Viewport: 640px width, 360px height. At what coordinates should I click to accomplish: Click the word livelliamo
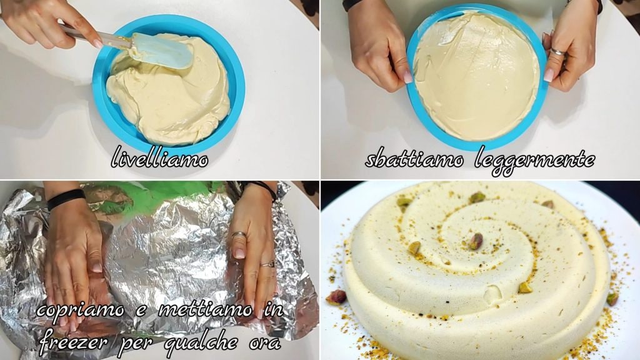(159, 157)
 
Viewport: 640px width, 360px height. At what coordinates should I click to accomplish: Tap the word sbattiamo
(414, 159)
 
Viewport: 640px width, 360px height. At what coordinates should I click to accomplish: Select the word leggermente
(535, 161)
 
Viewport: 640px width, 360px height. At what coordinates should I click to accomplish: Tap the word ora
(265, 344)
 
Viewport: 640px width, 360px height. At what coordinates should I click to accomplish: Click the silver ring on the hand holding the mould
(557, 51)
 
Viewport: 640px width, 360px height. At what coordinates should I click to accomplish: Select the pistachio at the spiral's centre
(475, 241)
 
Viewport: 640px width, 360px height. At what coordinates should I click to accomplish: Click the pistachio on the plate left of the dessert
(336, 297)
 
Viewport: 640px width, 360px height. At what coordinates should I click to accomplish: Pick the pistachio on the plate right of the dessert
(612, 299)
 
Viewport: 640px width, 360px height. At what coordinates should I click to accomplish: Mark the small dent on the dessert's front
(492, 292)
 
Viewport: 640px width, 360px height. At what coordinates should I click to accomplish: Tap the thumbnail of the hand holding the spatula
(97, 44)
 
